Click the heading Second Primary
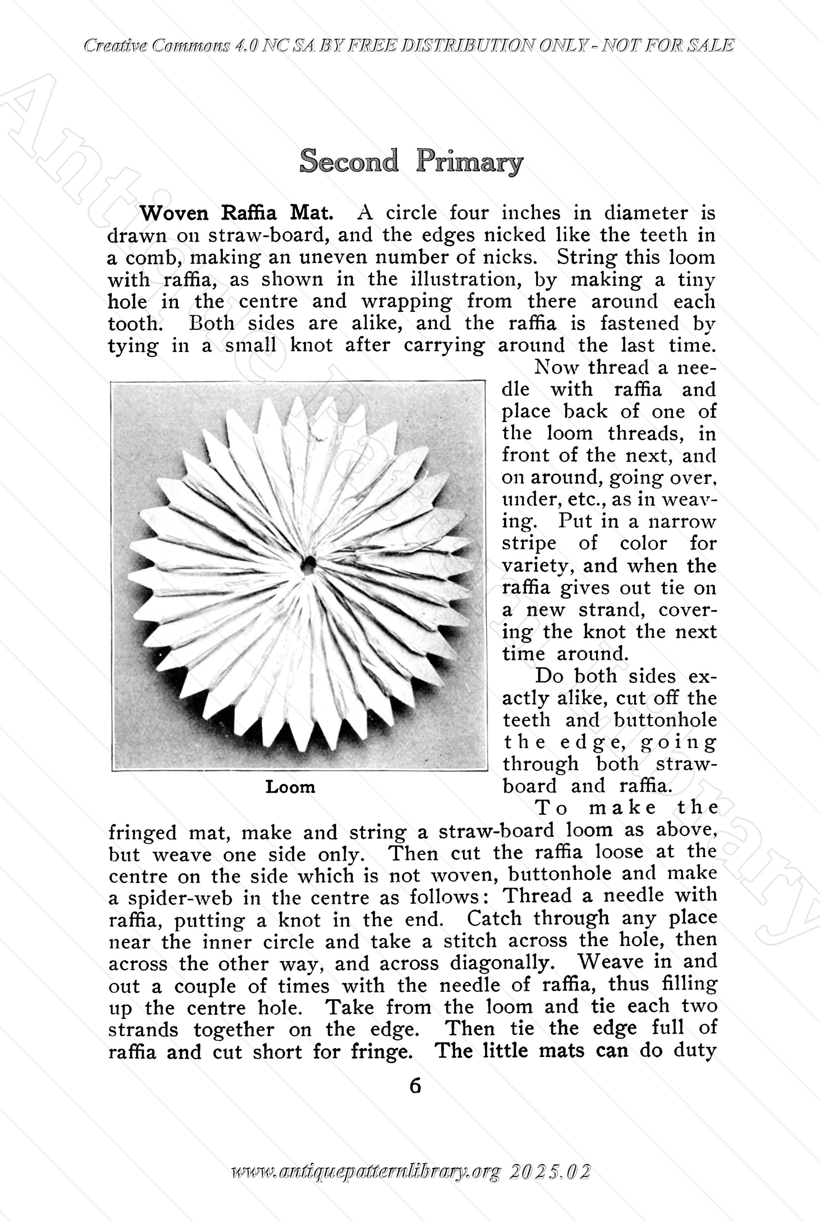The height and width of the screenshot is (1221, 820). pyautogui.click(x=411, y=161)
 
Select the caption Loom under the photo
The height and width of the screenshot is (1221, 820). pyautogui.click(x=290, y=787)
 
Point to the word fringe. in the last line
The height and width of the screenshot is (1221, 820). pyautogui.click(x=380, y=1052)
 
